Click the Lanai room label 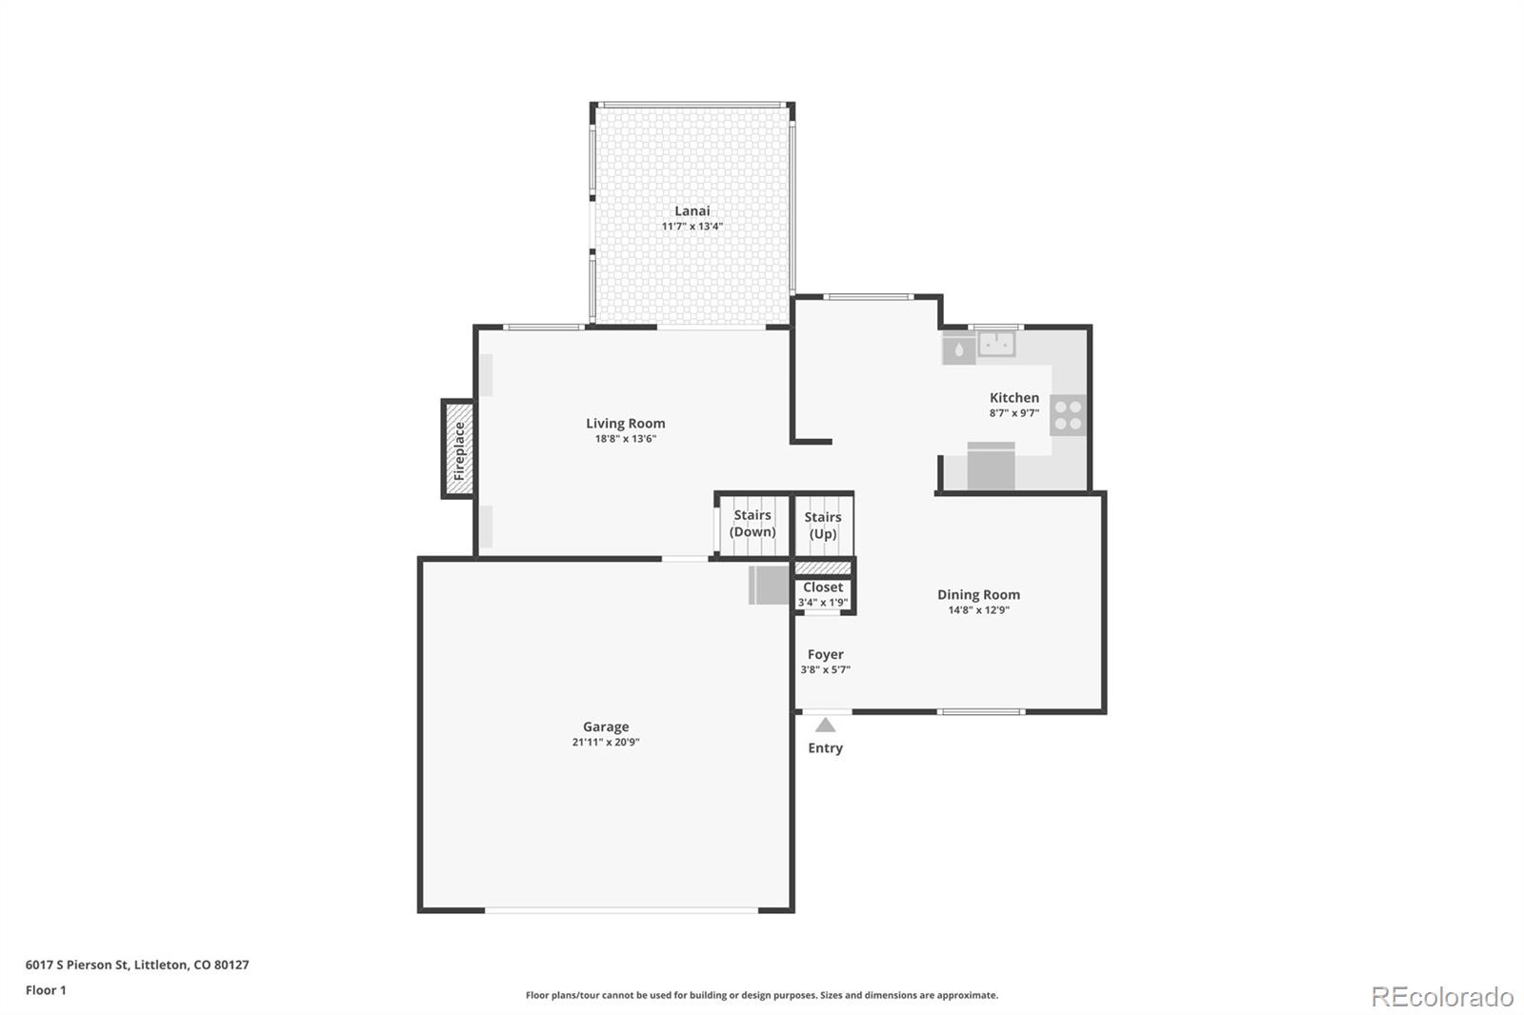click(692, 210)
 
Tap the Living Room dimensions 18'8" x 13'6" click(625, 439)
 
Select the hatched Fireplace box click(458, 449)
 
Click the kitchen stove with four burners click(1068, 415)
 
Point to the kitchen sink click(996, 344)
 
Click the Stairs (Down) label click(752, 523)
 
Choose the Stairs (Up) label click(823, 526)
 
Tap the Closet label click(823, 587)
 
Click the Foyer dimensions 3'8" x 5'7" click(825, 669)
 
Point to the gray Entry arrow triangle click(825, 725)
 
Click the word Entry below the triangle click(825, 748)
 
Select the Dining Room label click(978, 594)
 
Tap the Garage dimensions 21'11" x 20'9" click(606, 742)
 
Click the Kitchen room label click(1013, 398)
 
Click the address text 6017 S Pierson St click(77, 965)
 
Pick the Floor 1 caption click(46, 990)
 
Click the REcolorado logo click(1442, 997)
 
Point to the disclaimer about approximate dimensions click(762, 995)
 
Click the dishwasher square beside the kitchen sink click(958, 349)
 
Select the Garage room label click(606, 727)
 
